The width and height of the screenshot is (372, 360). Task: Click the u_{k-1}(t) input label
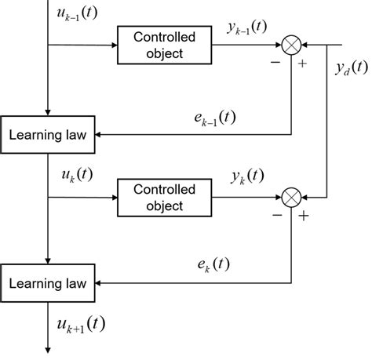[72, 14]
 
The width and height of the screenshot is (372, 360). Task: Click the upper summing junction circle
[292, 45]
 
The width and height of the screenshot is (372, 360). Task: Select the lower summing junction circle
[292, 197]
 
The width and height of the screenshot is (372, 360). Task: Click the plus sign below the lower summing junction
[304, 214]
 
